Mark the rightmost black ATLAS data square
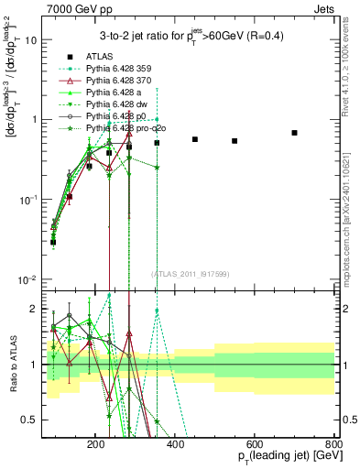(x=294, y=133)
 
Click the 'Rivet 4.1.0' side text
(x=352, y=55)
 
